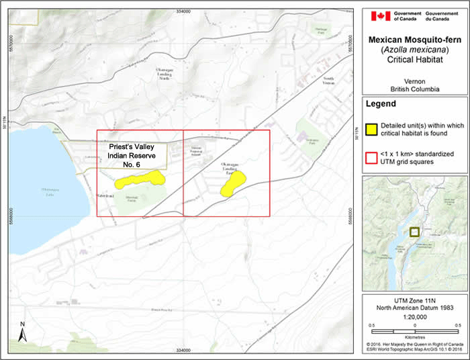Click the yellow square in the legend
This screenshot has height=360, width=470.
tap(371, 130)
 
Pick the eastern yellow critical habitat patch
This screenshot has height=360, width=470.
tap(233, 183)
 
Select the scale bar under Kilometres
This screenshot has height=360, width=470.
tap(414, 332)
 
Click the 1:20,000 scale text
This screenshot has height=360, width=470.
tap(414, 316)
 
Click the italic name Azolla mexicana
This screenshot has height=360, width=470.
tap(414, 50)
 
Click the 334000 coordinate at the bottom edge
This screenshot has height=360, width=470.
tap(182, 351)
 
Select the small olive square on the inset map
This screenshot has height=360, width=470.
tap(414, 232)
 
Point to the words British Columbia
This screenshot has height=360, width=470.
tap(414, 89)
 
